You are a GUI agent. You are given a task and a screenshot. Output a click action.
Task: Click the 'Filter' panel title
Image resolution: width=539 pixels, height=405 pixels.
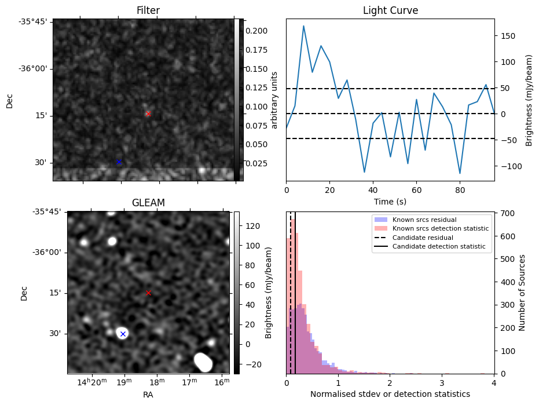pos(148,10)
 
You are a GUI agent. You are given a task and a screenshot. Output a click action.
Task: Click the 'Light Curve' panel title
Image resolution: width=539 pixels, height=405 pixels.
pos(390,10)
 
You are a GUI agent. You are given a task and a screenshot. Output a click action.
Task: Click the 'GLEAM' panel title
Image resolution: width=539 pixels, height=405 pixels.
pos(148,202)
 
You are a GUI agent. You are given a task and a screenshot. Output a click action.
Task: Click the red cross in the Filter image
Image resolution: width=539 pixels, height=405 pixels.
pos(148,114)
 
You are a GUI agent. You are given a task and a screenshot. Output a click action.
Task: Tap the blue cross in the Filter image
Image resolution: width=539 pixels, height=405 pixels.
pos(119,162)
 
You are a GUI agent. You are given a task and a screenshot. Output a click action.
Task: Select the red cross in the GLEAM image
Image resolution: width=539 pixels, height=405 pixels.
pos(148,293)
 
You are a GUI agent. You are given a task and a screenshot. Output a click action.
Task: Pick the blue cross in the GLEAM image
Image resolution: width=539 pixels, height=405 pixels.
pos(123,334)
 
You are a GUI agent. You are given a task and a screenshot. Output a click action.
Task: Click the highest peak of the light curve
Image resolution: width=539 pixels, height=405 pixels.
pos(303,26)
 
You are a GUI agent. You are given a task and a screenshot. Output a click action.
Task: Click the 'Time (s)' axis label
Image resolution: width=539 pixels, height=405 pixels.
pos(390,201)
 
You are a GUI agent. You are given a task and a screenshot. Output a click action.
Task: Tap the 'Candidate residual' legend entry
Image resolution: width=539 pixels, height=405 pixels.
pos(424,238)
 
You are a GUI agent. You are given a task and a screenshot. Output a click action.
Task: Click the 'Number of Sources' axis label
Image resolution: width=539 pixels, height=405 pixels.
pos(522,293)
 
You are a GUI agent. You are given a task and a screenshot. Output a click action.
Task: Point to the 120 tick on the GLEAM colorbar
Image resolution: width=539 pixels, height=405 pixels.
pos(245,225)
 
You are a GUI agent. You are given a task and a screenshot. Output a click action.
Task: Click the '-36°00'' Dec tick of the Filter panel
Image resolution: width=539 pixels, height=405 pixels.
pos(34,68)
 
